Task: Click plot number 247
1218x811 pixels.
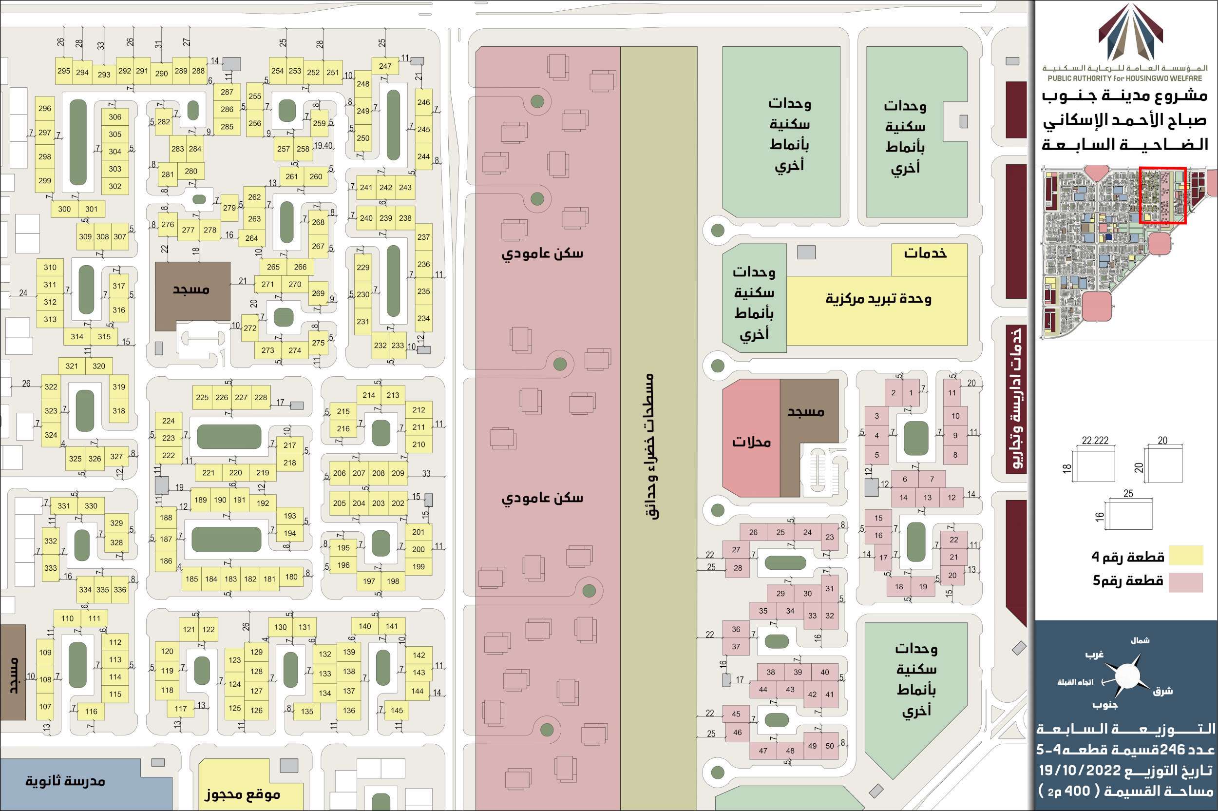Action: (385, 66)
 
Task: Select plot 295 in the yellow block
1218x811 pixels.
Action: (64, 71)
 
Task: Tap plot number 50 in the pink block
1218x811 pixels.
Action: (830, 746)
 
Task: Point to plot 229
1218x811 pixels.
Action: (363, 268)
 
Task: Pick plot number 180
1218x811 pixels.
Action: (291, 577)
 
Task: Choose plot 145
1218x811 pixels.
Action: (397, 710)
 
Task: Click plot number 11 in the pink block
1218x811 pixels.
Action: (952, 392)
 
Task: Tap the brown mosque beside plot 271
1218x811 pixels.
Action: (192, 290)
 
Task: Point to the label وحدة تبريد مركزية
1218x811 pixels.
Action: (878, 299)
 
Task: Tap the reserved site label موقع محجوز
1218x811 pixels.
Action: (242, 793)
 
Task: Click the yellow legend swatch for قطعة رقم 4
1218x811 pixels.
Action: (1185, 556)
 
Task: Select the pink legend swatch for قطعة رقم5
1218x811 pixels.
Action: (1185, 582)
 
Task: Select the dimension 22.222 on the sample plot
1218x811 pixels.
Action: (1095, 441)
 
